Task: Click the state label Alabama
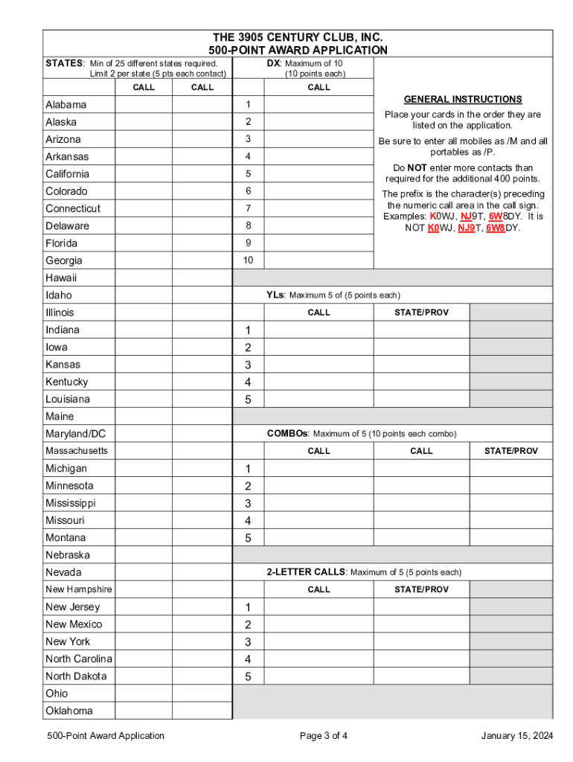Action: pyautogui.click(x=65, y=105)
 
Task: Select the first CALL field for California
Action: pyautogui.click(x=143, y=174)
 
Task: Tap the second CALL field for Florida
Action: pyautogui.click(x=202, y=243)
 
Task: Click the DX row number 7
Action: pyautogui.click(x=249, y=208)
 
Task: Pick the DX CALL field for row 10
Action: pyautogui.click(x=318, y=260)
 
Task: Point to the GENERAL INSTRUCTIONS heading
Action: pyautogui.click(x=462, y=100)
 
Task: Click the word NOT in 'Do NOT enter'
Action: pyautogui.click(x=417, y=168)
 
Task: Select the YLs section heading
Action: pyautogui.click(x=274, y=295)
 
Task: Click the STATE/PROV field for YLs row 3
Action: pyautogui.click(x=421, y=365)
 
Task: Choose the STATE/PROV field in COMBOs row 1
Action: pyautogui.click(x=511, y=469)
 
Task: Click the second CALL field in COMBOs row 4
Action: pyautogui.click(x=421, y=521)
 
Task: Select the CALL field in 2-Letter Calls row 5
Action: pyautogui.click(x=318, y=676)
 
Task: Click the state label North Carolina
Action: pyautogui.click(x=79, y=659)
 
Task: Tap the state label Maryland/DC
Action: pyautogui.click(x=76, y=434)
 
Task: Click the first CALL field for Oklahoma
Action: pyautogui.click(x=143, y=711)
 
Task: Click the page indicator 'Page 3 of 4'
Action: pyautogui.click(x=324, y=736)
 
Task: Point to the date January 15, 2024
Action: pyautogui.click(x=516, y=736)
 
